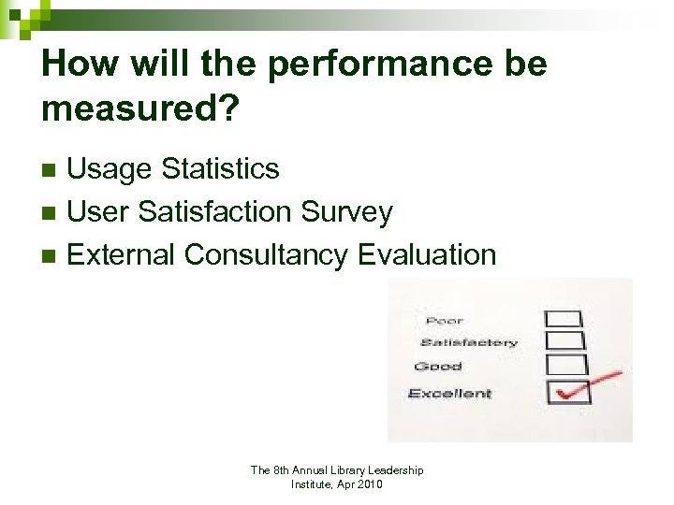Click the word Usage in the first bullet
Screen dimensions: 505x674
click(110, 169)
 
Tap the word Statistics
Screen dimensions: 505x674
click(220, 169)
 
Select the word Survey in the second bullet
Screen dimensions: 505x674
click(346, 212)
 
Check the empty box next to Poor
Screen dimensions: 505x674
click(566, 319)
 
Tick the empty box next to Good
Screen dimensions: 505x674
click(570, 365)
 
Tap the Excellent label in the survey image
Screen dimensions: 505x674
click(449, 394)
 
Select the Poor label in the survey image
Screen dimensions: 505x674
click(444, 321)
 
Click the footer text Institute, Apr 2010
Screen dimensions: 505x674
click(336, 484)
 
